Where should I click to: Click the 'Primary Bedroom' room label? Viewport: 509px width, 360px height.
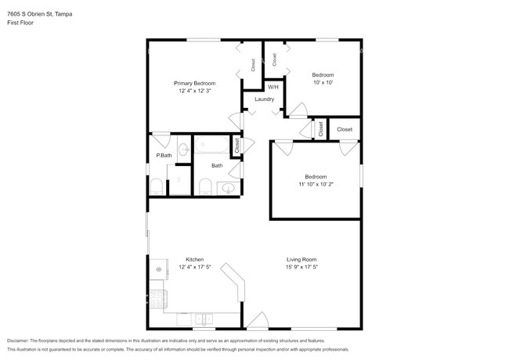pyautogui.click(x=194, y=83)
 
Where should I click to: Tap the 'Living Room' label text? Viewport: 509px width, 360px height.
pyautogui.click(x=301, y=259)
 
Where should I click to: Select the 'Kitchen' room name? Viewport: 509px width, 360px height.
pyautogui.click(x=194, y=259)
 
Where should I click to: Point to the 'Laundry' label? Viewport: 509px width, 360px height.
pyautogui.click(x=264, y=99)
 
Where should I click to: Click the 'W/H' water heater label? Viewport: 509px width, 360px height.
pyautogui.click(x=273, y=87)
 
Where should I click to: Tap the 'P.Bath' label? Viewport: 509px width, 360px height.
pyautogui.click(x=164, y=156)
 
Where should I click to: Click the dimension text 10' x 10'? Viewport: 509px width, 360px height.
pyautogui.click(x=323, y=82)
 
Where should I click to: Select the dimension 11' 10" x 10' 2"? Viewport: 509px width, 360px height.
pyautogui.click(x=316, y=185)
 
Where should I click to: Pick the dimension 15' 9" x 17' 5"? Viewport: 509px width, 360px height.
pyautogui.click(x=301, y=268)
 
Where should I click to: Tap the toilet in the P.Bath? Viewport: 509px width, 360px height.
pyautogui.click(x=156, y=186)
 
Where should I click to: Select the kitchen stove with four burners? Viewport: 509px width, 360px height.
pyautogui.click(x=157, y=298)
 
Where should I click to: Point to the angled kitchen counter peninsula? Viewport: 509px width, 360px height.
pyautogui.click(x=234, y=283)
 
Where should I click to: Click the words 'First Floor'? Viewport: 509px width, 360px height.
pyautogui.click(x=20, y=23)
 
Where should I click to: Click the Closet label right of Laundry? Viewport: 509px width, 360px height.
pyautogui.click(x=345, y=129)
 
